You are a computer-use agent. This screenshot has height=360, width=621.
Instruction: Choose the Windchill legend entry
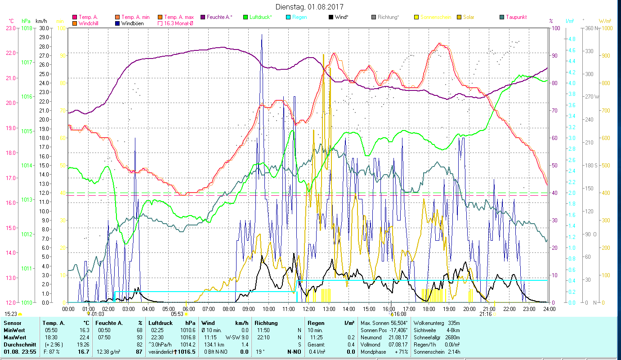point(90,23)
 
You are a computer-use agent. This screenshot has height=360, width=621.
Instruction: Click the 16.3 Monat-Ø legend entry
point(179,23)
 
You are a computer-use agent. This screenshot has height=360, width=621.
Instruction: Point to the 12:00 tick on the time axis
point(309,309)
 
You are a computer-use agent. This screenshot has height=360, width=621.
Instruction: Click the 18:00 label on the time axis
point(429,309)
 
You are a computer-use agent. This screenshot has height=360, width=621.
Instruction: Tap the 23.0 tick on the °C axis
point(10,28)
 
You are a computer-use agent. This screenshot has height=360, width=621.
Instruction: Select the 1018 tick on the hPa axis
point(27,28)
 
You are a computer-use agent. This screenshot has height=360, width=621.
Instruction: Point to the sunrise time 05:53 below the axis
point(177,314)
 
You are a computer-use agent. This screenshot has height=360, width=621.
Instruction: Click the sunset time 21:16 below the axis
point(485,314)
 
